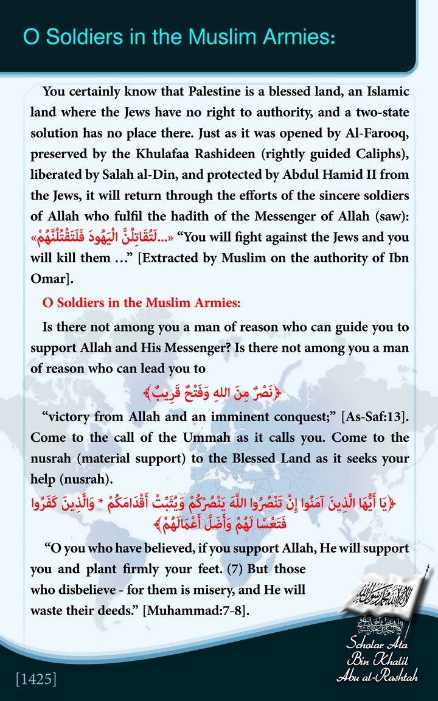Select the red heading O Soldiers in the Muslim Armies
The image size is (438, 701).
(x=142, y=303)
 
